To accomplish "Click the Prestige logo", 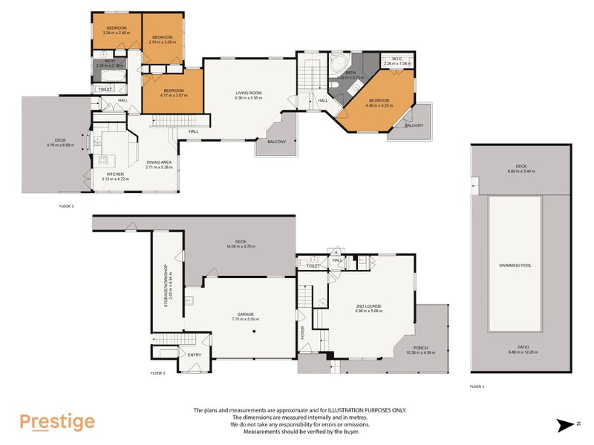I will [57, 422].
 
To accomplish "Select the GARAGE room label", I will [245, 314].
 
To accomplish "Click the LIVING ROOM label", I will [248, 93].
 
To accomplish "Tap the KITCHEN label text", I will [104, 174].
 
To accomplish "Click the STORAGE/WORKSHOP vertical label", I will [166, 282].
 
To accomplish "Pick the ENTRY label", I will [195, 355].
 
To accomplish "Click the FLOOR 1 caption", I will [477, 386].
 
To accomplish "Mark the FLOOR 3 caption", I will [67, 205].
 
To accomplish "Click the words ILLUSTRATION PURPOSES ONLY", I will [364, 410].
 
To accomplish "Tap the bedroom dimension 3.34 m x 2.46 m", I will [115, 33].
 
